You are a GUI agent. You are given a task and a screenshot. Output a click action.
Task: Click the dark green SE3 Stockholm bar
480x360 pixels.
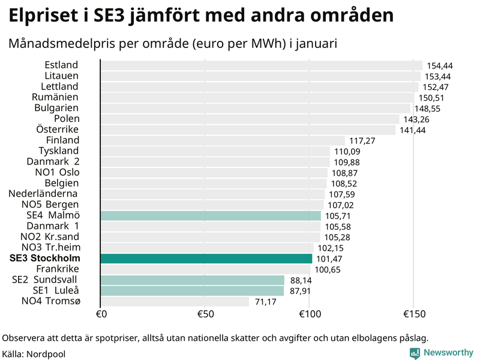206,259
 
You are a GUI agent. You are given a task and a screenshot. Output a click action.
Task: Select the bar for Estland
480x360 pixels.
261,65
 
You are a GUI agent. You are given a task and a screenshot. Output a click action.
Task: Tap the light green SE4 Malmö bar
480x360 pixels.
211,215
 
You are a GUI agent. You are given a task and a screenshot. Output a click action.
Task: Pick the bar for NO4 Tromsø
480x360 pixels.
175,301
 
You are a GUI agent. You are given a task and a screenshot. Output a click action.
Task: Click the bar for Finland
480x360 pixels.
223,140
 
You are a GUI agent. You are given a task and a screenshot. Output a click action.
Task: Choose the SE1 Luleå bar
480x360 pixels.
192,291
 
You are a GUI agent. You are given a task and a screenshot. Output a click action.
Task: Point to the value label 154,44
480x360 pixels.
439,65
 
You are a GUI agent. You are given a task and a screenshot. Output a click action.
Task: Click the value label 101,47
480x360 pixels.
329,259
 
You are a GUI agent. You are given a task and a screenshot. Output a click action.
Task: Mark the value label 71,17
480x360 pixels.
266,302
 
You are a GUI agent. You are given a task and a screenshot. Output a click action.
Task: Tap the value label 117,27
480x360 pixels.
362,141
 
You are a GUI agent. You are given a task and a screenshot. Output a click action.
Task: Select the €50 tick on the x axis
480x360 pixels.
205,314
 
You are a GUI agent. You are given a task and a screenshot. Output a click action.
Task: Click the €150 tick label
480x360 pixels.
413,314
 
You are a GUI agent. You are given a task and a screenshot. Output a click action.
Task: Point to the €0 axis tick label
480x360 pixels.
101,314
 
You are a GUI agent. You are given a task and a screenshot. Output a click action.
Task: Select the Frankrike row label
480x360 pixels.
58,269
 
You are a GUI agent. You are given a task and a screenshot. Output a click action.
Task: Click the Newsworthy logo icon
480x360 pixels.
415,353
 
